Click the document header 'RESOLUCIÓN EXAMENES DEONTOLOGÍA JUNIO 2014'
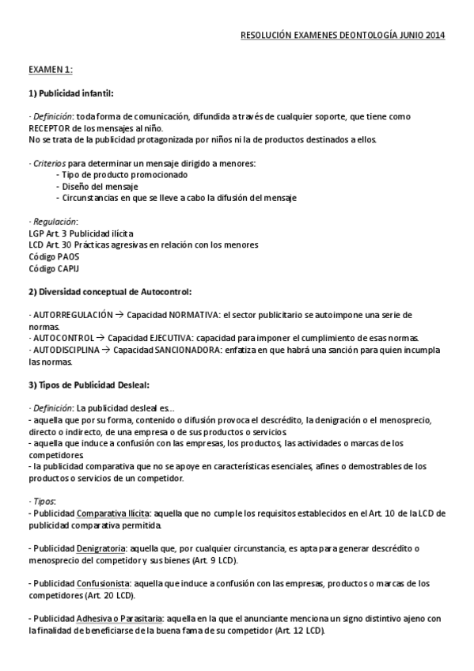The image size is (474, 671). [343, 36]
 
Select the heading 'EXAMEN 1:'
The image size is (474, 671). [51, 70]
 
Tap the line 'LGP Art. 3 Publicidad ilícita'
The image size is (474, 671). [81, 233]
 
